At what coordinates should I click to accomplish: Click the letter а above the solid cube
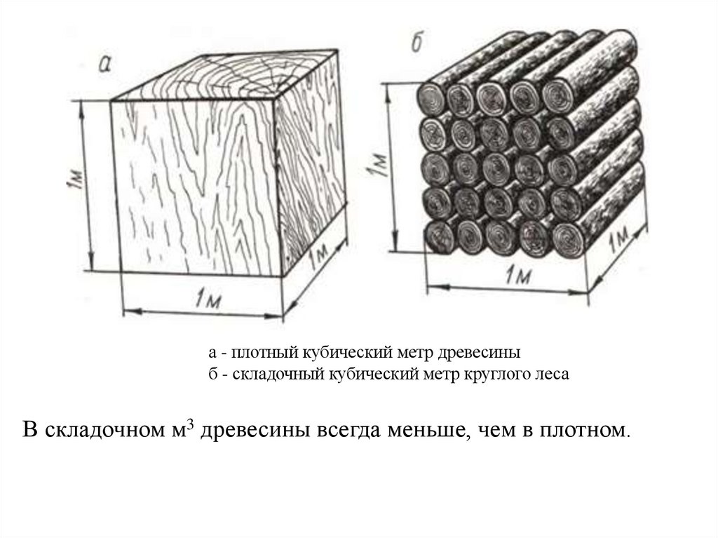pyautogui.click(x=104, y=65)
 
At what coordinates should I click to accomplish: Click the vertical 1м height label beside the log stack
pyautogui.click(x=378, y=166)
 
